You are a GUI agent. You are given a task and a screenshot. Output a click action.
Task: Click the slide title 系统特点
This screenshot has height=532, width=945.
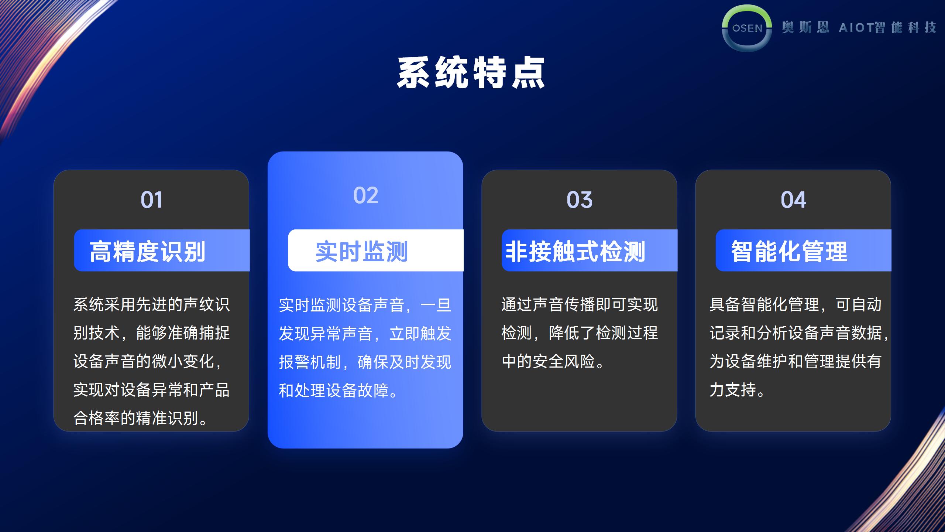(x=471, y=72)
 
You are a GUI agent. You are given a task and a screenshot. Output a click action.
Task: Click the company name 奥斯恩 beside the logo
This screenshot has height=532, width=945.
(x=805, y=27)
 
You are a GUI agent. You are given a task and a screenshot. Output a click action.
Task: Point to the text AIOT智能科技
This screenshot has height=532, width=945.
(x=887, y=27)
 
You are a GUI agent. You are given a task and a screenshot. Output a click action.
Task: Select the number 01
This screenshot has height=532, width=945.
(x=151, y=200)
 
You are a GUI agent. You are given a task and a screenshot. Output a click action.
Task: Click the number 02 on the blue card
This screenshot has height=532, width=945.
(x=366, y=195)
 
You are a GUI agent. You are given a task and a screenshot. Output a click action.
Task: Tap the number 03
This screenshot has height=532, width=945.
(x=580, y=200)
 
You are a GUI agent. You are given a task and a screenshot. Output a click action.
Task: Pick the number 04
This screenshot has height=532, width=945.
(x=793, y=200)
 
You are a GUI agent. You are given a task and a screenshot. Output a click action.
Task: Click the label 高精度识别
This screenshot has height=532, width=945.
(x=147, y=252)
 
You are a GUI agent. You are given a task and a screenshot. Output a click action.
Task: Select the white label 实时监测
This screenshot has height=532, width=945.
(x=361, y=252)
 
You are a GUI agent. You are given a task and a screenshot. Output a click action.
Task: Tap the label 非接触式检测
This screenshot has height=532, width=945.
(x=575, y=252)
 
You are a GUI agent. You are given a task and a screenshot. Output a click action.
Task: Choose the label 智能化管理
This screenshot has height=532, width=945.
(x=789, y=252)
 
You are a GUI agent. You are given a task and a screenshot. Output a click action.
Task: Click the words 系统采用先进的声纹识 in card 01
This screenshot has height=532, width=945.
(x=151, y=305)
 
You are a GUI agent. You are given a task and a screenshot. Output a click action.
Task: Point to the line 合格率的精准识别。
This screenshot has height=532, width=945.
(x=141, y=418)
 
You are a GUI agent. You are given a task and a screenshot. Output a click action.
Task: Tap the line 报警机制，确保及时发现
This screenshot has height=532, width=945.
(x=365, y=362)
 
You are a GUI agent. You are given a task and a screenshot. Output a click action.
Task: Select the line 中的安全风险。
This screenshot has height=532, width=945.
(x=553, y=361)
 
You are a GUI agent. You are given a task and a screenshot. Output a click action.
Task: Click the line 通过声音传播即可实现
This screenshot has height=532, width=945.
(x=580, y=305)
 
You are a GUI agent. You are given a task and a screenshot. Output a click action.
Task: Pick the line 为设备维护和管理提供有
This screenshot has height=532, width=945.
(x=795, y=361)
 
